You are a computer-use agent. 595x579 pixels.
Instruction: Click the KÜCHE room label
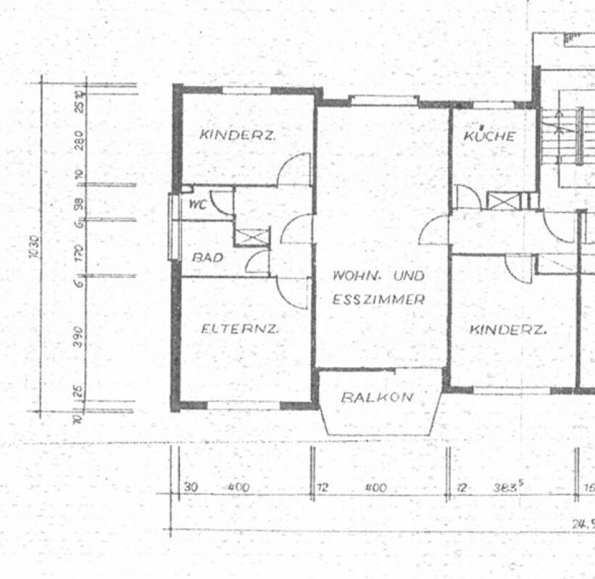click(490, 136)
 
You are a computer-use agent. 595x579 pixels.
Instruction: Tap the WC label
click(196, 205)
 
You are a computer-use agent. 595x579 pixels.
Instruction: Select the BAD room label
click(207, 257)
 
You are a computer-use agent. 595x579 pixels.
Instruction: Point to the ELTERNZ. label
click(241, 329)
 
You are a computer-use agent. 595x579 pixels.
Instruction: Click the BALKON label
click(378, 397)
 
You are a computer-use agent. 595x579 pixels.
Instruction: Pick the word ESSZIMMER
click(378, 299)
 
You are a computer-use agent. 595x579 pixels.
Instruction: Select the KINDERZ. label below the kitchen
click(508, 330)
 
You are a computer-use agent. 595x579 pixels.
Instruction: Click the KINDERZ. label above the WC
click(238, 135)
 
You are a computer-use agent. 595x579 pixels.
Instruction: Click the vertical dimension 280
click(79, 138)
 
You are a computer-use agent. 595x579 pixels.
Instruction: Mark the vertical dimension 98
click(79, 203)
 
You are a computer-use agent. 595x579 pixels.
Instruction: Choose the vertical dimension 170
click(79, 252)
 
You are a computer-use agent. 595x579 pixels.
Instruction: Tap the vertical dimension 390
click(79, 334)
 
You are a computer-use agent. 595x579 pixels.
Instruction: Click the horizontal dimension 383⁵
click(509, 488)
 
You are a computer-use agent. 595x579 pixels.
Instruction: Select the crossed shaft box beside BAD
click(252, 237)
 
